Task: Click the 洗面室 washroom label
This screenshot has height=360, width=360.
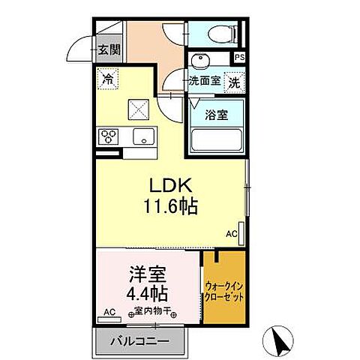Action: click(204, 81)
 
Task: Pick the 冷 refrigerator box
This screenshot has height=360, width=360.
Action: click(108, 78)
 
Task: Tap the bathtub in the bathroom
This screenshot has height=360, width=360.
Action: click(216, 140)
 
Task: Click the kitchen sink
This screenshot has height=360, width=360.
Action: click(142, 137)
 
